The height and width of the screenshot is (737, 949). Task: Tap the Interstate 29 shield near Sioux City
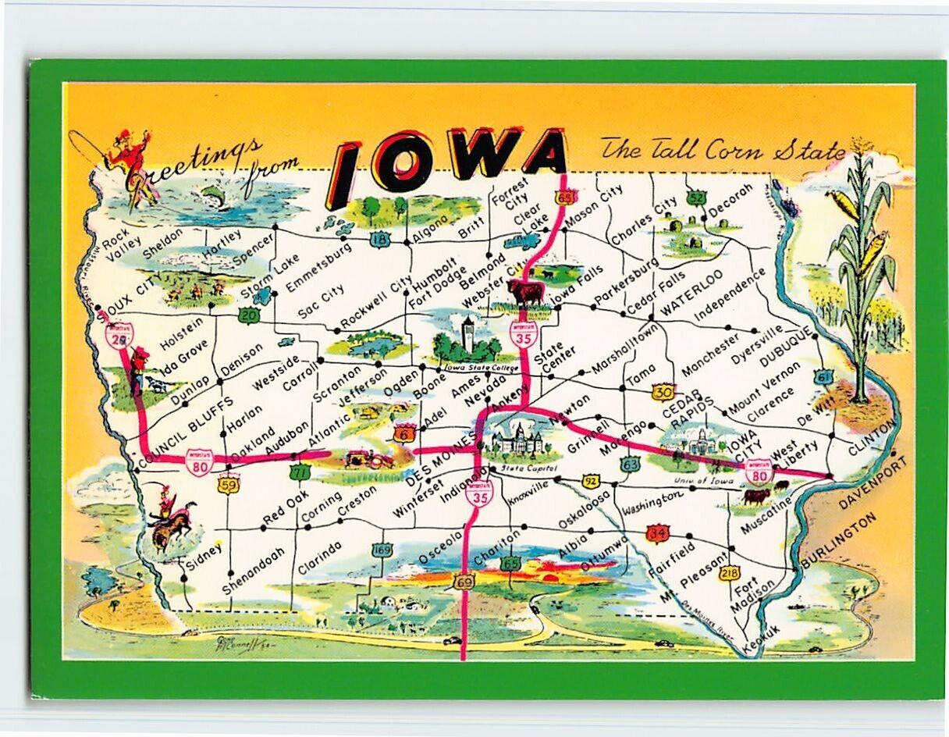point(119,335)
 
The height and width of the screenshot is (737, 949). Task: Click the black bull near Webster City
point(525,294)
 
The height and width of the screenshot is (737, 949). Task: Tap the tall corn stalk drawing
point(863,265)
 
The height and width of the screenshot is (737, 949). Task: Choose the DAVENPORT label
point(873,483)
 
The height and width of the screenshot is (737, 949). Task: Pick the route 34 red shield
point(658,533)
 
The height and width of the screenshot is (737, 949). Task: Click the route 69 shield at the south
point(464,582)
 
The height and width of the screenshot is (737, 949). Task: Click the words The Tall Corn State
point(722,149)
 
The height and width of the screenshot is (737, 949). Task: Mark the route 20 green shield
point(248,315)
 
